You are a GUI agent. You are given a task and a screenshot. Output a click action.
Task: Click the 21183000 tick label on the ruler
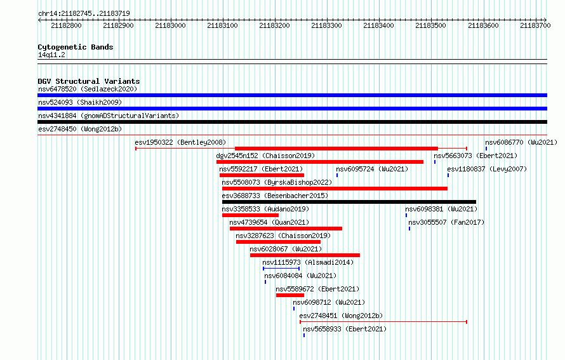(170, 25)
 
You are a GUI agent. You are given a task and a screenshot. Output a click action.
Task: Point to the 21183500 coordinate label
(430, 25)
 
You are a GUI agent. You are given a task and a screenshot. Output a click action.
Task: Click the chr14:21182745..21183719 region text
(84, 14)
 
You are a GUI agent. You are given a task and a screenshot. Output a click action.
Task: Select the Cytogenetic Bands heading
(76, 47)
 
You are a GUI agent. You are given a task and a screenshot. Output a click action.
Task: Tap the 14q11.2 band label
(51, 55)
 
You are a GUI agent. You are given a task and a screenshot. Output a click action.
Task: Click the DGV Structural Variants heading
(89, 81)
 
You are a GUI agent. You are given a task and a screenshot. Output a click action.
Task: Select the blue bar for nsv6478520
(292, 95)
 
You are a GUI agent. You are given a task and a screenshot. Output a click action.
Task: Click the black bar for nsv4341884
(292, 122)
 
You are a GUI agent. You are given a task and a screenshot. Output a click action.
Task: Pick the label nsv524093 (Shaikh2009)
(80, 102)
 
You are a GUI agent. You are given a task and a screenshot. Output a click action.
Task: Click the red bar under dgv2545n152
(319, 162)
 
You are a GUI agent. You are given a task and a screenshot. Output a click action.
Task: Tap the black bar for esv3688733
(349, 202)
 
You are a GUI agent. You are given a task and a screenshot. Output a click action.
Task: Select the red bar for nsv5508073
(335, 189)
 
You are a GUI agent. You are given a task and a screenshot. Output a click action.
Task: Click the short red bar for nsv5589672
(290, 295)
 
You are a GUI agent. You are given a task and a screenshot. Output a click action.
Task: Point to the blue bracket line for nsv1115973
(281, 269)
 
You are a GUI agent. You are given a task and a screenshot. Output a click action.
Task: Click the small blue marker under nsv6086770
(486, 149)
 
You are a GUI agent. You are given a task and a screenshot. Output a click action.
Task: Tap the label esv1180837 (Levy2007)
(487, 169)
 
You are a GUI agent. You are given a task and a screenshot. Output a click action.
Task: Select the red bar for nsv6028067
(305, 255)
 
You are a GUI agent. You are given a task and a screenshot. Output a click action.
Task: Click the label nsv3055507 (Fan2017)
(446, 222)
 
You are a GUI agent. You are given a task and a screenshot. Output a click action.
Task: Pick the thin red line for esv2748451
(383, 322)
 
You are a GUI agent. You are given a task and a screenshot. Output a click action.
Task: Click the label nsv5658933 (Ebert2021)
(345, 329)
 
